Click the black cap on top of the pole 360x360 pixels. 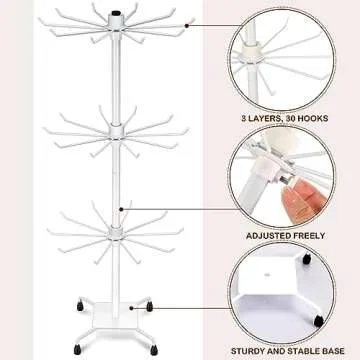click(117, 18)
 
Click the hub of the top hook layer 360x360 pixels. click(117, 40)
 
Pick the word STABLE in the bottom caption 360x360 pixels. click(299, 350)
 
